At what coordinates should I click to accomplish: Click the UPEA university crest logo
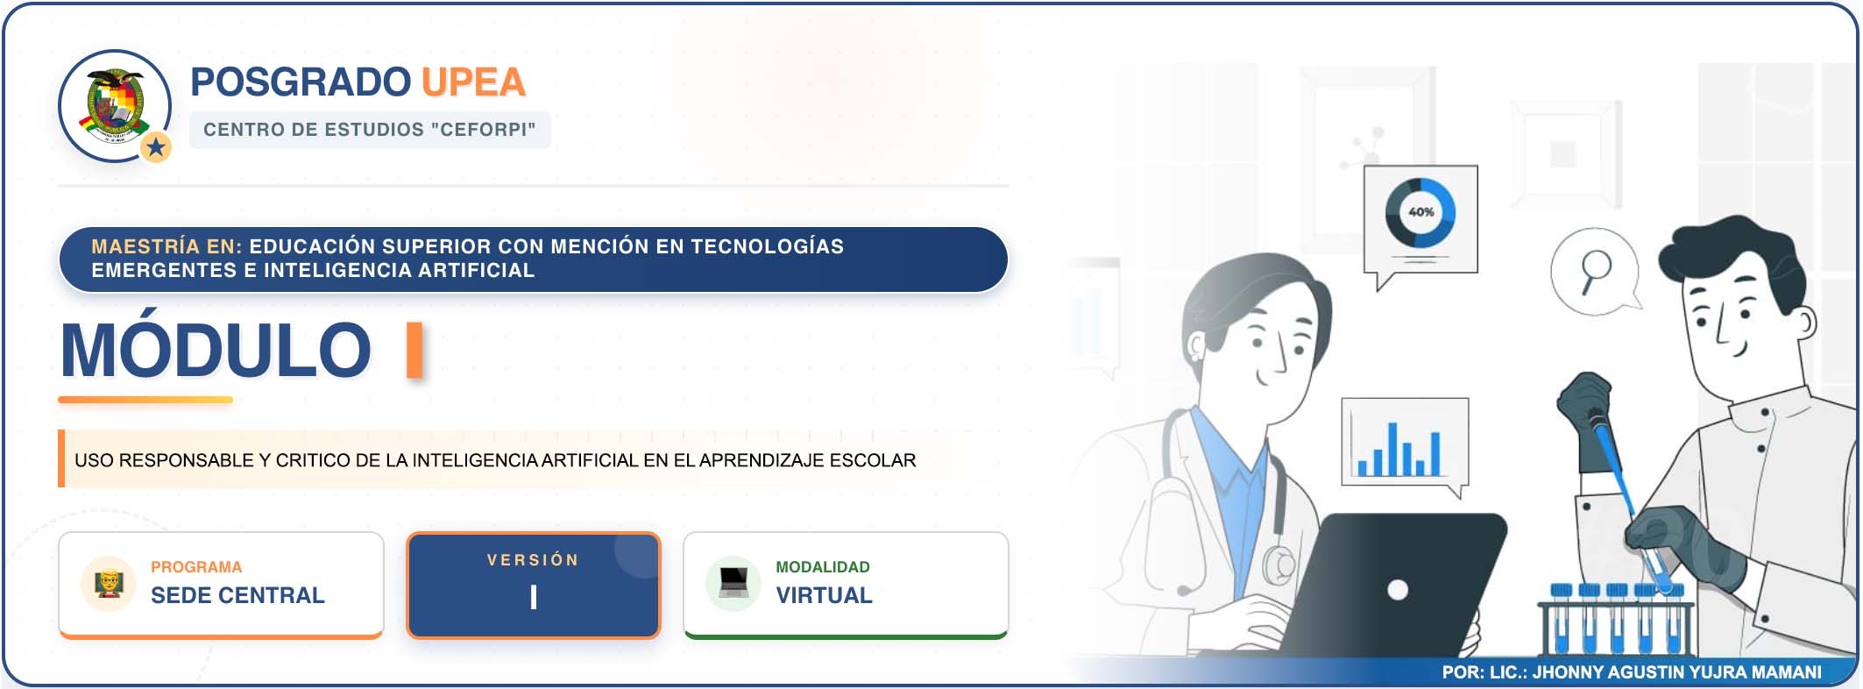pyautogui.click(x=115, y=105)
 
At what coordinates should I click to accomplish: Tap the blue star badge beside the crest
pyautogui.click(x=156, y=146)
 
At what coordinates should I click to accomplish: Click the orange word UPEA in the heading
pyautogui.click(x=473, y=82)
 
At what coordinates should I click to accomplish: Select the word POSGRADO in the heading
pyautogui.click(x=301, y=82)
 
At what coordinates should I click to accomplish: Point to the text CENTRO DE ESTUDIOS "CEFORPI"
pyautogui.click(x=369, y=130)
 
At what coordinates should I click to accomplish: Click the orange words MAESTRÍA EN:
pyautogui.click(x=166, y=246)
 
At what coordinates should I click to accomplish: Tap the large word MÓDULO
pyautogui.click(x=216, y=350)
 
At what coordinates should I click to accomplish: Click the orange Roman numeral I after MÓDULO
pyautogui.click(x=415, y=350)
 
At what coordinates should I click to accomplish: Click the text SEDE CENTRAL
pyautogui.click(x=237, y=595)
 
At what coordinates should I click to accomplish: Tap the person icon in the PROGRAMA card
pyautogui.click(x=109, y=583)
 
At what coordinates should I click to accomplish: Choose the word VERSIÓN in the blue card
pyautogui.click(x=533, y=560)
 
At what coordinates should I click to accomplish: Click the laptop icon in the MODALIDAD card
pyautogui.click(x=733, y=583)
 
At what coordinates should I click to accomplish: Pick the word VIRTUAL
pyautogui.click(x=824, y=595)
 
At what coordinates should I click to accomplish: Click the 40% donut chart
pyautogui.click(x=1420, y=213)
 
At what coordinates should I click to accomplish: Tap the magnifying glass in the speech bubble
pyautogui.click(x=1595, y=271)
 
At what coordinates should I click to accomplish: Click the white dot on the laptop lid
pyautogui.click(x=1398, y=590)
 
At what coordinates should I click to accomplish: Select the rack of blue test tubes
pyautogui.click(x=1615, y=620)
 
